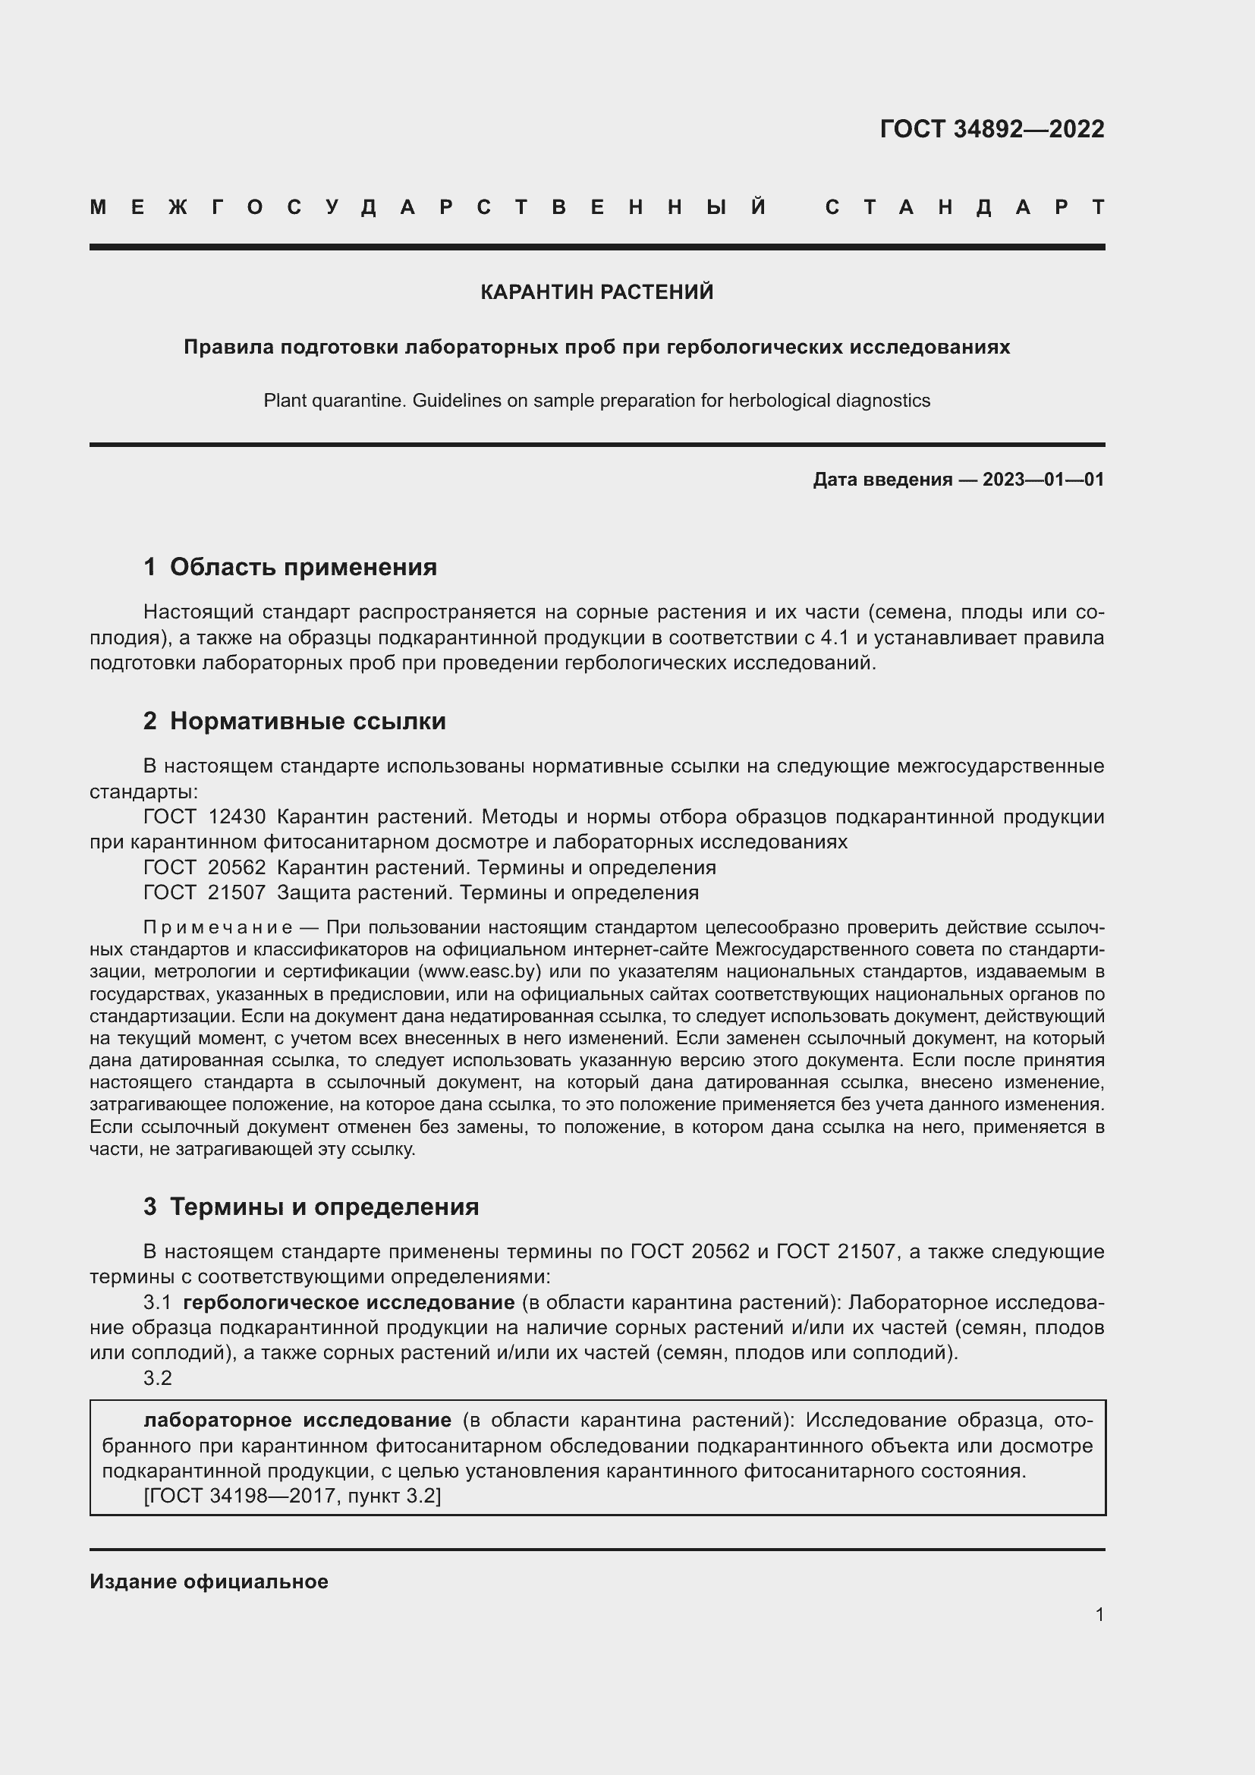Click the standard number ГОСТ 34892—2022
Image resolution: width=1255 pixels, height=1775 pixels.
pyautogui.click(x=992, y=129)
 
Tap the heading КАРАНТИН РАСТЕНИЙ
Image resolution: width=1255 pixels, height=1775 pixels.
pyautogui.click(x=596, y=292)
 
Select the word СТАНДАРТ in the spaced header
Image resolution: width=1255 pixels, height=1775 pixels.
pyautogui.click(x=965, y=207)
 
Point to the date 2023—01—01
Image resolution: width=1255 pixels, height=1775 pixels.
pyautogui.click(x=1043, y=480)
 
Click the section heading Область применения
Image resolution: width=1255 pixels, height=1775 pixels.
pyautogui.click(x=303, y=568)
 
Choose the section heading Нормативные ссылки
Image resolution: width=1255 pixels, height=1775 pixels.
pyautogui.click(x=307, y=721)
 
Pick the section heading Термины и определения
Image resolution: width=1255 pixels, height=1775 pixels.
pyautogui.click(x=324, y=1207)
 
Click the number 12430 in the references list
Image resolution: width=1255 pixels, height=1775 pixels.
pyautogui.click(x=237, y=817)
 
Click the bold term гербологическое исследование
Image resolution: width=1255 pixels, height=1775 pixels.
pyautogui.click(x=348, y=1303)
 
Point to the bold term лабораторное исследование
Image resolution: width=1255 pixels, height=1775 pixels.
pyautogui.click(x=297, y=1420)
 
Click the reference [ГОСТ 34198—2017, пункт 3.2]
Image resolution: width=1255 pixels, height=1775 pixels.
pyautogui.click(x=292, y=1496)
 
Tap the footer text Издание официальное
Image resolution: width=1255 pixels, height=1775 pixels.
pyautogui.click(x=209, y=1581)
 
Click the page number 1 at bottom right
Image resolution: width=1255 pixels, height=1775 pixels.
pyautogui.click(x=1099, y=1614)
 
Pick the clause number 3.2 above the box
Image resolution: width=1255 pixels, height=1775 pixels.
pyautogui.click(x=158, y=1378)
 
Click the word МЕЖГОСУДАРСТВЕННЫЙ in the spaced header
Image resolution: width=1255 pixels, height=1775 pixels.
pyautogui.click(x=428, y=207)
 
